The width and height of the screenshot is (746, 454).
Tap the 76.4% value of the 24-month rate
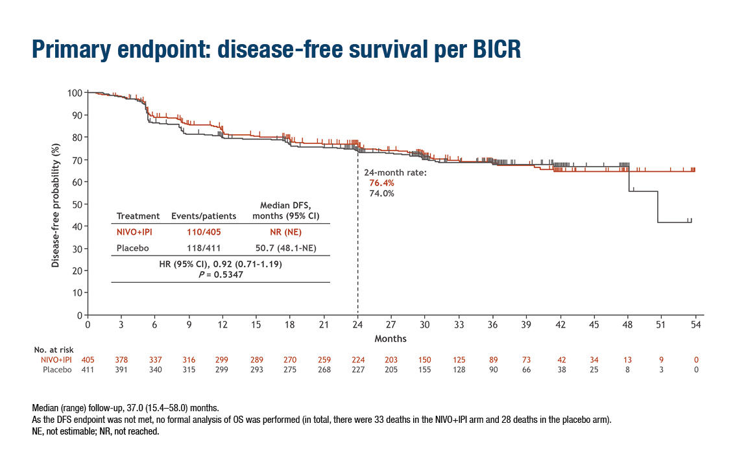click(x=381, y=184)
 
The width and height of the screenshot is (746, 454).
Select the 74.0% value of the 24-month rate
click(x=381, y=193)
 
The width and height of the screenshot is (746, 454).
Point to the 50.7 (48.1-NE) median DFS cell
click(x=285, y=248)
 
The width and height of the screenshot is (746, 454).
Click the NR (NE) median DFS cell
click(x=285, y=232)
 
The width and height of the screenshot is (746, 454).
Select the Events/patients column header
click(x=197, y=216)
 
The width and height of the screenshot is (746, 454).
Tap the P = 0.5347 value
click(x=221, y=275)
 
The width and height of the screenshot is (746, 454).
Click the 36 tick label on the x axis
click(x=493, y=326)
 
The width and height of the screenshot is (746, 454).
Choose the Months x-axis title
click(x=391, y=339)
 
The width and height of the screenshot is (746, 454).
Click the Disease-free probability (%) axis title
click(x=56, y=204)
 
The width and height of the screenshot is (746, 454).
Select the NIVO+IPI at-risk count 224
click(x=357, y=360)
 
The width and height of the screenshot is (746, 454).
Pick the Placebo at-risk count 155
click(x=425, y=370)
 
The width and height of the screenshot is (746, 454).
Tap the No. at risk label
click(x=54, y=350)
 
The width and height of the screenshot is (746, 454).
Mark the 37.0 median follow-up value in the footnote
click(x=115, y=409)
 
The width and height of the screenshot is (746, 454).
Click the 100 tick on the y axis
click(x=74, y=93)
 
